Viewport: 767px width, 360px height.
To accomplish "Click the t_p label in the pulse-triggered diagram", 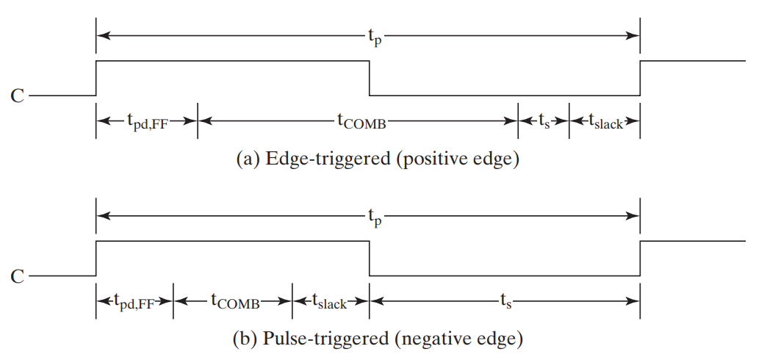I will (375, 217).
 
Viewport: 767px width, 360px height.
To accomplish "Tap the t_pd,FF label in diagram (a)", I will (147, 122).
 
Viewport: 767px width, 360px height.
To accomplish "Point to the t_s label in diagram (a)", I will (544, 122).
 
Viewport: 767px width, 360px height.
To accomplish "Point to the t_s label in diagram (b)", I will (505, 301).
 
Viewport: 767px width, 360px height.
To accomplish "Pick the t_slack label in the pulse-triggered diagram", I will (330, 301).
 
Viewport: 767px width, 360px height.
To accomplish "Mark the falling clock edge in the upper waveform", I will (369, 79).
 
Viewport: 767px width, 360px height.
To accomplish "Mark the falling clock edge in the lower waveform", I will (369, 259).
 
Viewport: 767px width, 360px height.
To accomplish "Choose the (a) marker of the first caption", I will (246, 159).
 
